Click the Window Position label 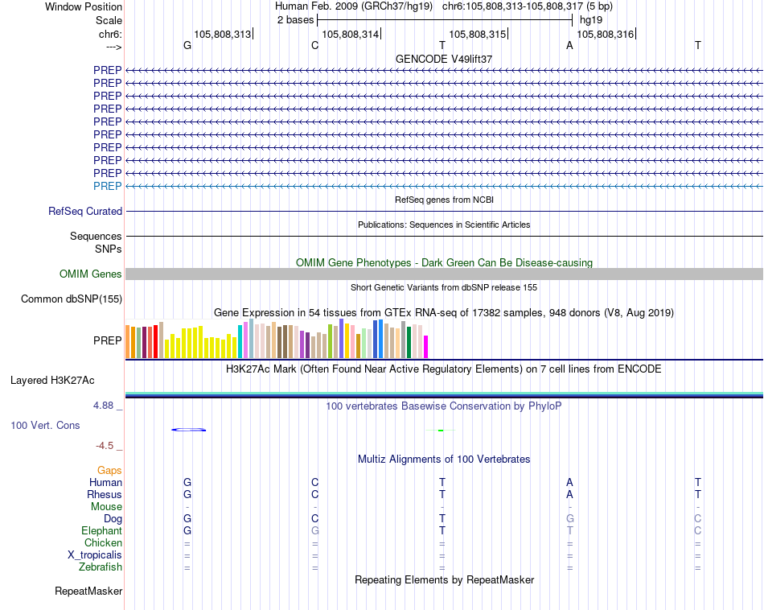click(x=84, y=6)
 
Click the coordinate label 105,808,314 click(x=350, y=35)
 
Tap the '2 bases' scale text click(x=295, y=20)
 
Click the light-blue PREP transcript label click(x=108, y=186)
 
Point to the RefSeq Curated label click(x=85, y=212)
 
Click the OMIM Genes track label click(x=91, y=274)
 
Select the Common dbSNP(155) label click(x=72, y=299)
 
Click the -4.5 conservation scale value click(x=105, y=445)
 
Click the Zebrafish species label click(x=101, y=567)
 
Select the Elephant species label click(x=102, y=531)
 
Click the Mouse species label click(x=106, y=507)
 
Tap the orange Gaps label click(x=109, y=470)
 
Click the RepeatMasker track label click(x=88, y=591)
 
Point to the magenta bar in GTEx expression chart click(x=425, y=347)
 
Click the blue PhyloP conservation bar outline click(x=189, y=430)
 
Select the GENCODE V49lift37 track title click(x=444, y=60)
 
